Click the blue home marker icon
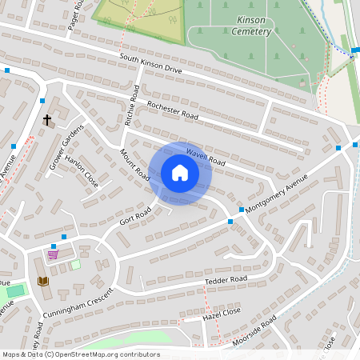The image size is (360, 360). point(180,173)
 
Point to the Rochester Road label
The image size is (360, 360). point(172,111)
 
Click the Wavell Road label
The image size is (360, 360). point(206,156)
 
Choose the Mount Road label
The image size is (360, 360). point(134,164)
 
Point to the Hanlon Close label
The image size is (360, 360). point(83,171)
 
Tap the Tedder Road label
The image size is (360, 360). point(226,281)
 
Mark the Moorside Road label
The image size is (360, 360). point(254,331)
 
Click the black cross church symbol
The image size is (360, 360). point(47,120)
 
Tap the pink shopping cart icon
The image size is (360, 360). point(53,254)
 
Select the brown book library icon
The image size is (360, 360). point(42,281)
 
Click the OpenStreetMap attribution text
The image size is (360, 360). point(80,354)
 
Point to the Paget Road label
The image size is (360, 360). point(77,14)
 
